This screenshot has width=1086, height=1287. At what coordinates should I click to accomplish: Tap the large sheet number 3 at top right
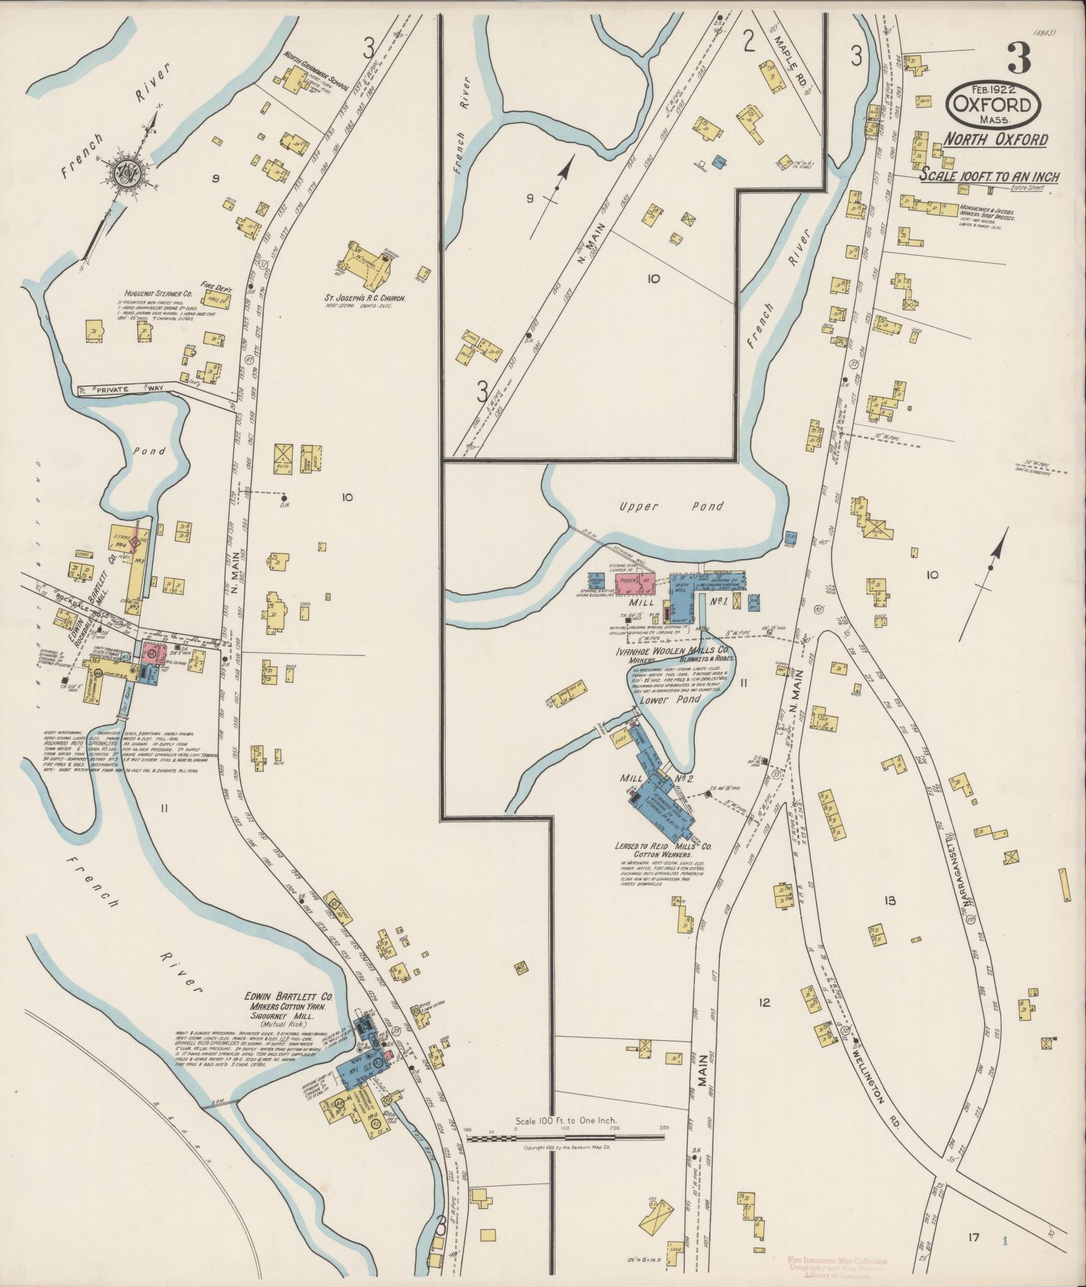point(1019,59)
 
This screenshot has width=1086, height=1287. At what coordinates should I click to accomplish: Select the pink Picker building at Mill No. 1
point(635,583)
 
